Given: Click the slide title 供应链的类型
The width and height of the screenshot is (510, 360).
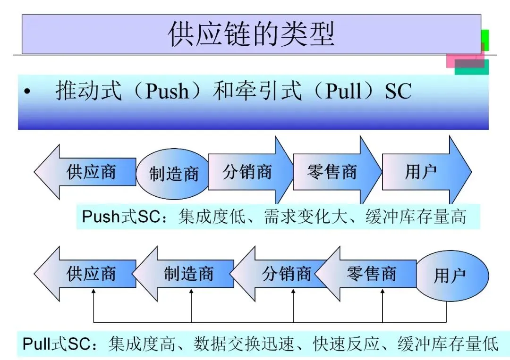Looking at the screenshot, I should (x=251, y=34).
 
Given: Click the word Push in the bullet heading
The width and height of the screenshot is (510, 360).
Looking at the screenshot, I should (x=167, y=91).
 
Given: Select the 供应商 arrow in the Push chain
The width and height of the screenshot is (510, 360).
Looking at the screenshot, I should (x=87, y=172).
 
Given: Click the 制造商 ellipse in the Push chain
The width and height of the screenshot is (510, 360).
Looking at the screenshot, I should (x=173, y=174).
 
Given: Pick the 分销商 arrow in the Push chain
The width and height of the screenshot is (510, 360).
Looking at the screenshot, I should (x=248, y=172).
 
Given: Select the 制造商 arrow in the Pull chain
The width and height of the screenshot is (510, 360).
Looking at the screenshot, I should (x=187, y=274).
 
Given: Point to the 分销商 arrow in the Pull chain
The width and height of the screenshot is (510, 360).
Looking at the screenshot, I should (x=283, y=274).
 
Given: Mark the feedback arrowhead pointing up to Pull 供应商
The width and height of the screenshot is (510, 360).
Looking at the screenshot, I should (x=93, y=293).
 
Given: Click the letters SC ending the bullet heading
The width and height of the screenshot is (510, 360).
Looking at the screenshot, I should (x=398, y=91).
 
